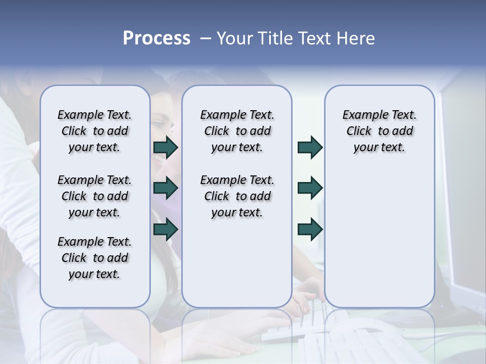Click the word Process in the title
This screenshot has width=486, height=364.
coord(156,38)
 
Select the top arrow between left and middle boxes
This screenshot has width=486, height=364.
coord(166,147)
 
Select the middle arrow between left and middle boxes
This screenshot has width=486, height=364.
coord(166,188)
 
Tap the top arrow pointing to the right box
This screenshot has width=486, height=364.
coord(310,147)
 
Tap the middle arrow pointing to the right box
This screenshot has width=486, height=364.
coord(310,188)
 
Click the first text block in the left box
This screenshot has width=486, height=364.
coord(95,131)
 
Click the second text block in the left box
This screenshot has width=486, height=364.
coord(95,196)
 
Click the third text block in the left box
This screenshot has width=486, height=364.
coord(95,258)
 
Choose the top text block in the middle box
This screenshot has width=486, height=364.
coord(237,131)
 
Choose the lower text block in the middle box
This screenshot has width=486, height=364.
coord(237,196)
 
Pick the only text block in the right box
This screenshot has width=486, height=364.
coord(379,131)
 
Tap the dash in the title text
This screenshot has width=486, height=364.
coord(205,38)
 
